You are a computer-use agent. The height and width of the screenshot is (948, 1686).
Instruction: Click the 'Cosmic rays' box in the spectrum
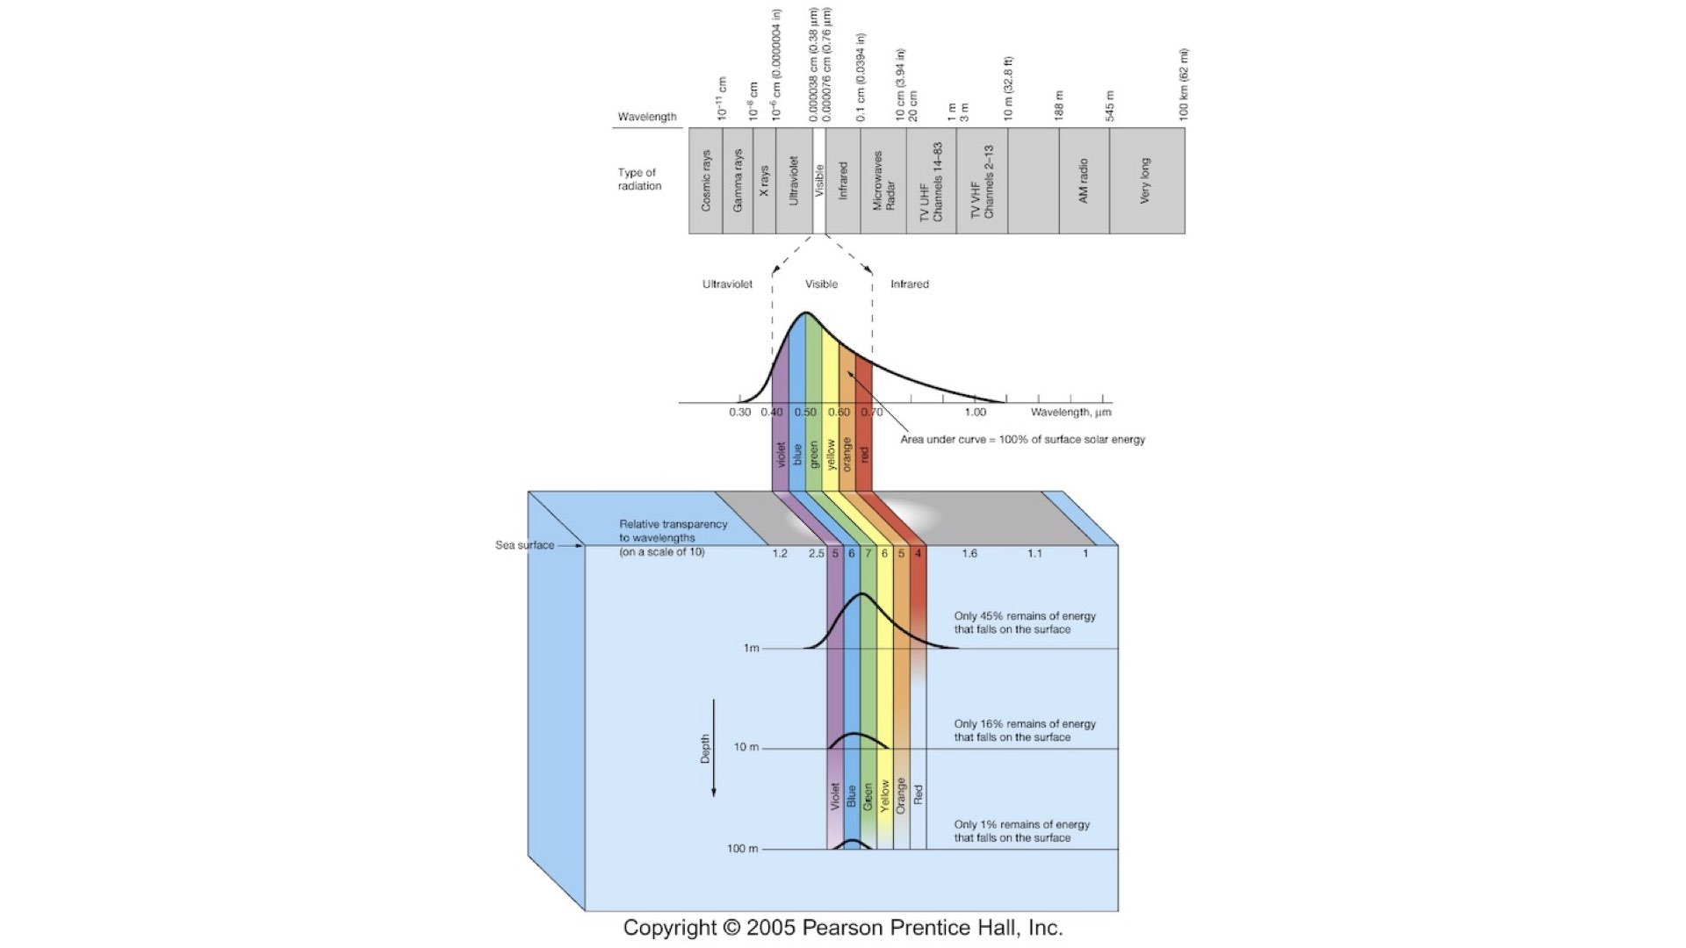(706, 181)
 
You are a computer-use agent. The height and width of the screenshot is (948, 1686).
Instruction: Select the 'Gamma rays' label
(738, 181)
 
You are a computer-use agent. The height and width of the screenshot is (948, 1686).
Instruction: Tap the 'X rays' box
(764, 181)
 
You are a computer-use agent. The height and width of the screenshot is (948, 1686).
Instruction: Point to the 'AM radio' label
(1084, 181)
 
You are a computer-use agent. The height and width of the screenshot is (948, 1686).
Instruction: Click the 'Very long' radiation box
(1145, 181)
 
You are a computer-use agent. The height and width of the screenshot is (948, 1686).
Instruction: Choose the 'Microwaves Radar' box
(883, 181)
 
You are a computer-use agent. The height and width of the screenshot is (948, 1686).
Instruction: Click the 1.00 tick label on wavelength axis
(975, 413)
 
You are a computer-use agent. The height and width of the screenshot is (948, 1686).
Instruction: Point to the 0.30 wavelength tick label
(740, 413)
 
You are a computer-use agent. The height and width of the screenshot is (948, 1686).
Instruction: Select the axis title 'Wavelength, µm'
(1070, 413)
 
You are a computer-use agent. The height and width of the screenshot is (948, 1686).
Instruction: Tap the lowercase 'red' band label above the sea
(864, 455)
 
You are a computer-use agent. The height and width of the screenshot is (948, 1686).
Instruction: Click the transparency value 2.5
(817, 554)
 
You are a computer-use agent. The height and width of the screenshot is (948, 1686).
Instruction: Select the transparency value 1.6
(969, 554)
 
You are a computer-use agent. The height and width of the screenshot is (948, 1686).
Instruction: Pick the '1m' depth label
(751, 649)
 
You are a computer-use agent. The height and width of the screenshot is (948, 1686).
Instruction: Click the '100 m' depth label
(742, 849)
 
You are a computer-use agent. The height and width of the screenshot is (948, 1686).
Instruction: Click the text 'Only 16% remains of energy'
(1025, 724)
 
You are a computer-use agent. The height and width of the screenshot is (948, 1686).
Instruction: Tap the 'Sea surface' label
(524, 545)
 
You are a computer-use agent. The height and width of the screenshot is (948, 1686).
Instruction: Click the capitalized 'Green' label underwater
(868, 797)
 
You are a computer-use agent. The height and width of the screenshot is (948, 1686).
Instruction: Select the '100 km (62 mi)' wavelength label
(1184, 84)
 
